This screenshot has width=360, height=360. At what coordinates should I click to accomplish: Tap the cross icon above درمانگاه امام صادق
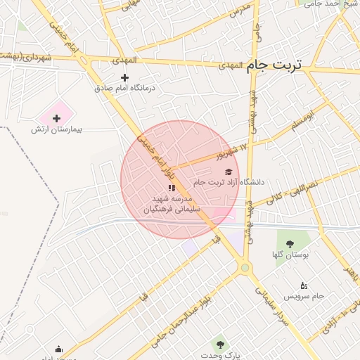click(x=125, y=77)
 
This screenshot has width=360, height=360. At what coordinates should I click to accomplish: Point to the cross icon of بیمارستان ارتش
click(x=57, y=118)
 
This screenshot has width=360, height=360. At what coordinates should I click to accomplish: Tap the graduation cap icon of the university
click(x=227, y=171)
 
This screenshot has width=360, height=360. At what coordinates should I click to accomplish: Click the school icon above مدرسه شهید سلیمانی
click(x=172, y=188)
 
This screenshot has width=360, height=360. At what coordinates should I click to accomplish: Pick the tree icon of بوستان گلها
click(x=290, y=244)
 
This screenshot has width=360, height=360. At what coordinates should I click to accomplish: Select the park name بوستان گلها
click(x=289, y=255)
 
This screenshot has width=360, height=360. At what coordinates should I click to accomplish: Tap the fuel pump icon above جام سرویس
click(x=303, y=285)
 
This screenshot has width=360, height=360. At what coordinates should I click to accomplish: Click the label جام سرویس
click(x=309, y=296)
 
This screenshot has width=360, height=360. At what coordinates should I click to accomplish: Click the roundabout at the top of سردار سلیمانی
click(x=245, y=268)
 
